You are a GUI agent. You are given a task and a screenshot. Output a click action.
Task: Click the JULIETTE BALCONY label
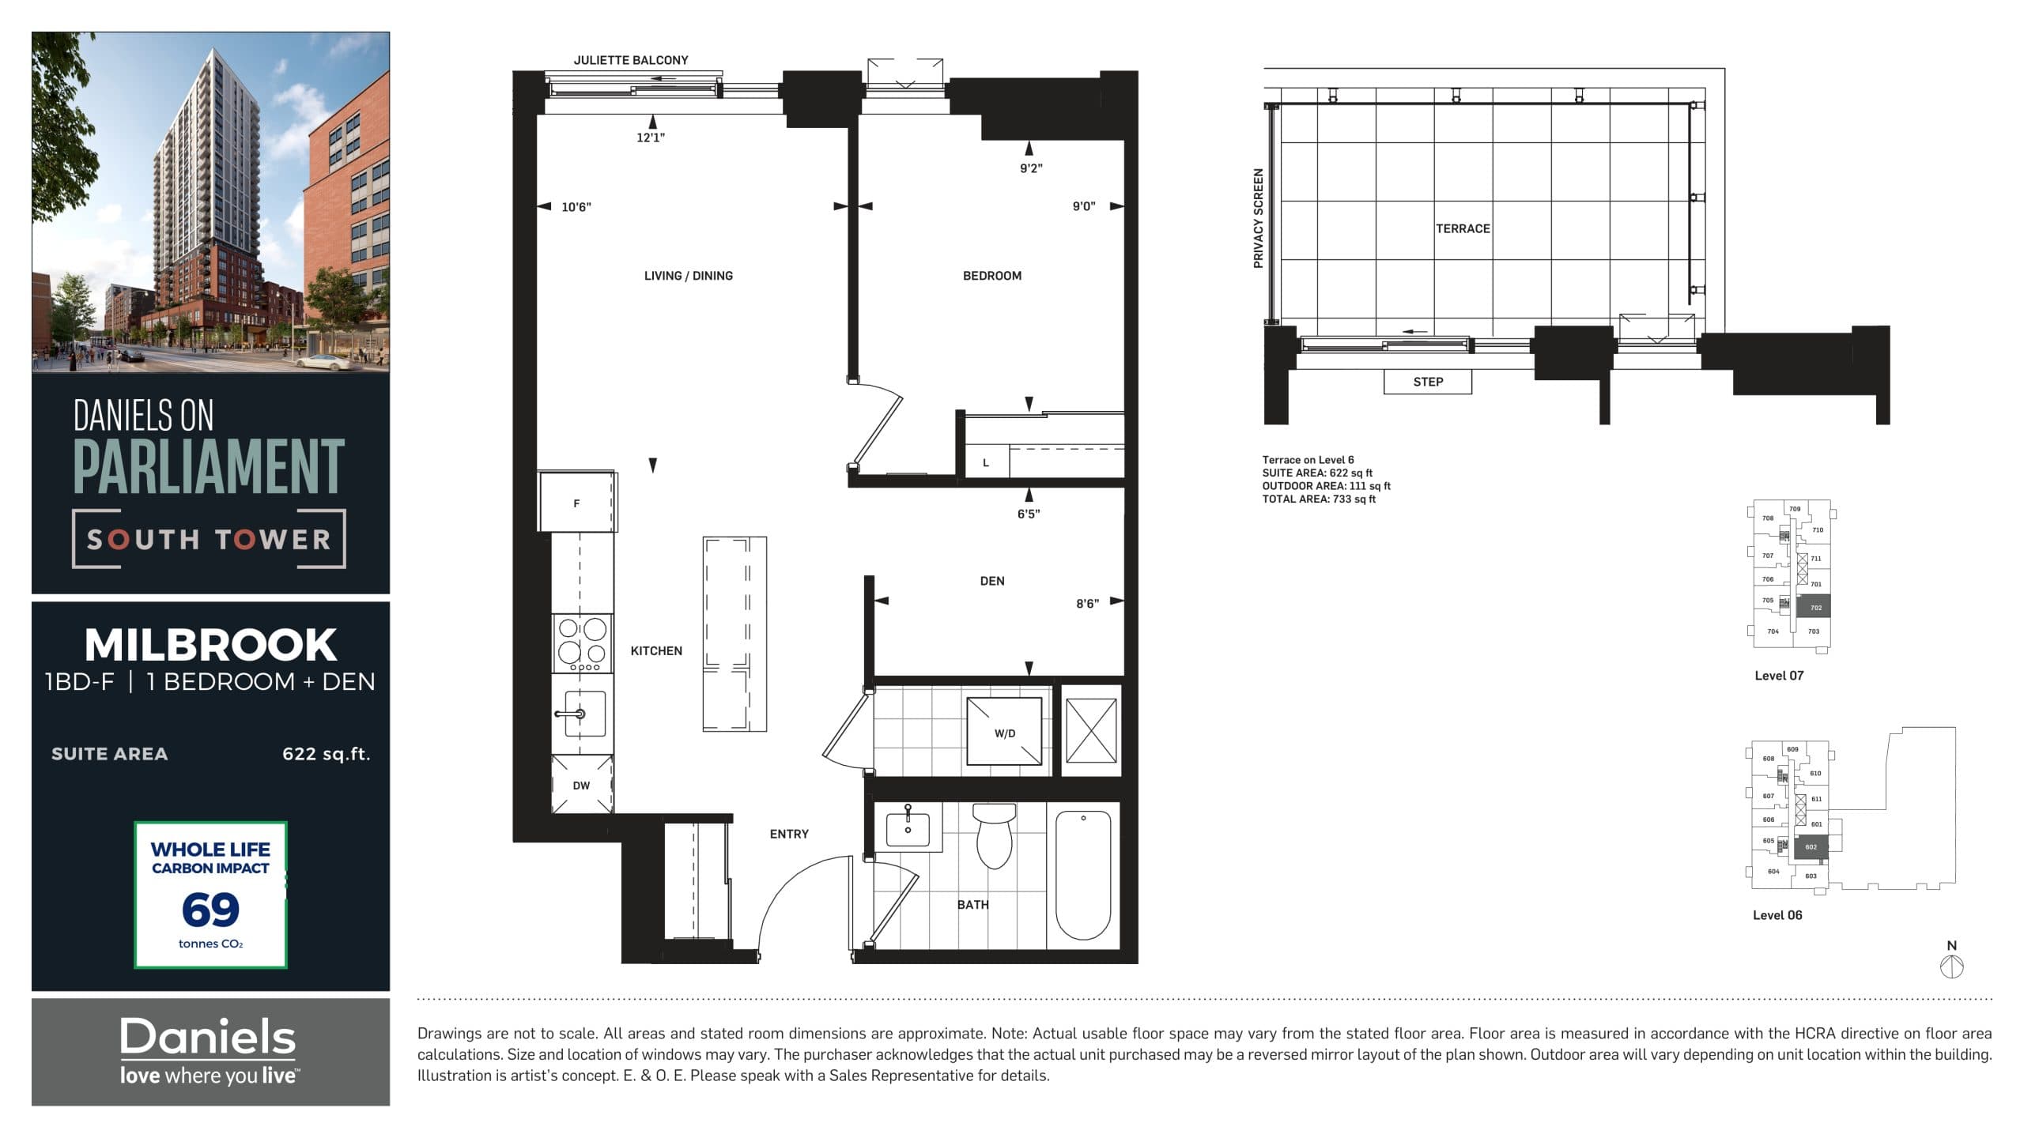click(x=630, y=60)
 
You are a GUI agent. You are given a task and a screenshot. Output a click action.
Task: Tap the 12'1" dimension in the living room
click(x=650, y=138)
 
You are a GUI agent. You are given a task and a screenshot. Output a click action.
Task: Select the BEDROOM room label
click(x=991, y=276)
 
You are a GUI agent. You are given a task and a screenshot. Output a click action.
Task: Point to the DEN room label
click(x=991, y=581)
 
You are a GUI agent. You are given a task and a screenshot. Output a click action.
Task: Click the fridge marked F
click(x=577, y=503)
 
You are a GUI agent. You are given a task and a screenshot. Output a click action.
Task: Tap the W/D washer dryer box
click(x=1004, y=733)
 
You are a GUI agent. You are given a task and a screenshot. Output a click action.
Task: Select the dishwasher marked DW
click(x=582, y=785)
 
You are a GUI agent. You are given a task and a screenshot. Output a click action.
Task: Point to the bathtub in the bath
click(x=1082, y=876)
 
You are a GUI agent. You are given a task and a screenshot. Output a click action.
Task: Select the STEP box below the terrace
click(x=1427, y=382)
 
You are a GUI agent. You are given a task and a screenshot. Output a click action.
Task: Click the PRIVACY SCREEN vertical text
click(x=1258, y=218)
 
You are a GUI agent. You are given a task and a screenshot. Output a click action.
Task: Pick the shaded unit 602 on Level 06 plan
click(x=1811, y=847)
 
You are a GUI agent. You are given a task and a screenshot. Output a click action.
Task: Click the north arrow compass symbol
click(x=1951, y=966)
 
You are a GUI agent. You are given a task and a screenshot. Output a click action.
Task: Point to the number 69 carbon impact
click(x=210, y=909)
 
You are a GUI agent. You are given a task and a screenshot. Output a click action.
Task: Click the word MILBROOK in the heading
click(x=210, y=645)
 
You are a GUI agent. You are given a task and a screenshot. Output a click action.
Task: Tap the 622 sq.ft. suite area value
click(x=326, y=754)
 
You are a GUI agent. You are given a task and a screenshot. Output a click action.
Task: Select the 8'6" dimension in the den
click(x=1086, y=604)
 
